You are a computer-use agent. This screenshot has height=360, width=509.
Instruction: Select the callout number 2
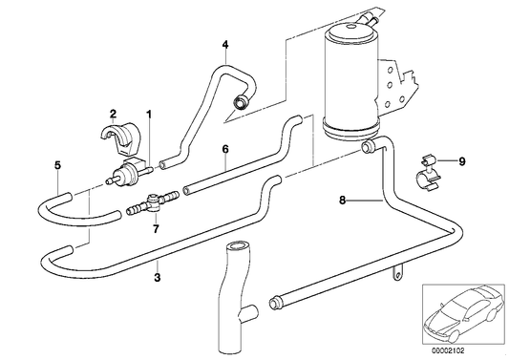[x=113, y=113]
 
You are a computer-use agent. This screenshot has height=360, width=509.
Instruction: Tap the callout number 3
[x=157, y=278]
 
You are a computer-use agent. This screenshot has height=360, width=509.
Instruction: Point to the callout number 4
[x=224, y=45]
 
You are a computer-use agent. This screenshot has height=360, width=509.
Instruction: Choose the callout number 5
[x=58, y=164]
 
